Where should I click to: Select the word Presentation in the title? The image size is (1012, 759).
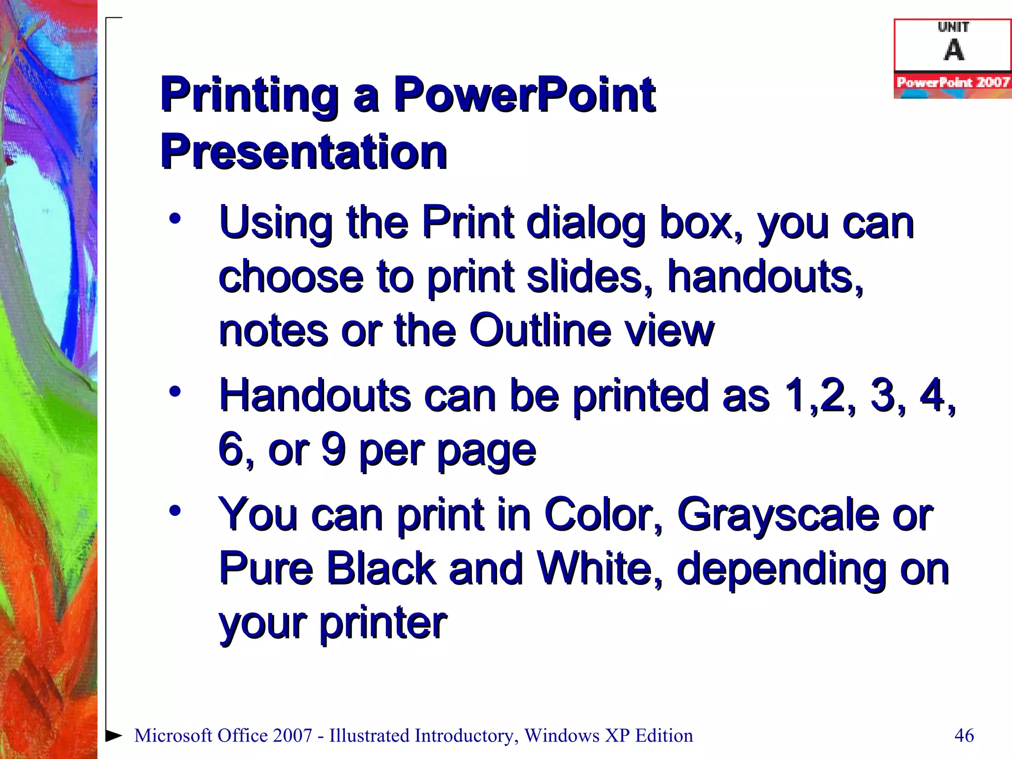tap(304, 152)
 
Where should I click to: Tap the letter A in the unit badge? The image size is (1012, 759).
tap(954, 50)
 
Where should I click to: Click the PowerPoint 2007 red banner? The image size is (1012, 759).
tap(953, 82)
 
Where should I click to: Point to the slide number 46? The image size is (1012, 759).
tap(964, 735)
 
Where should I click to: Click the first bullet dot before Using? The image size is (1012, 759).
tap(175, 218)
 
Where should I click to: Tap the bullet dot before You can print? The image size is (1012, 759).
tap(175, 510)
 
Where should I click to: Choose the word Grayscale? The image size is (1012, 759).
tap(778, 515)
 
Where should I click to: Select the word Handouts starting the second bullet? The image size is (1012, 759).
tap(315, 395)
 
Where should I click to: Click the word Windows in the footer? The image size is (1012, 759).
tap(562, 735)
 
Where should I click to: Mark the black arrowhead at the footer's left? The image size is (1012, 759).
tap(114, 735)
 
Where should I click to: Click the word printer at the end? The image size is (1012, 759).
tap(383, 623)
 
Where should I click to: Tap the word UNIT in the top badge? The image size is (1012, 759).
tap(954, 27)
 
